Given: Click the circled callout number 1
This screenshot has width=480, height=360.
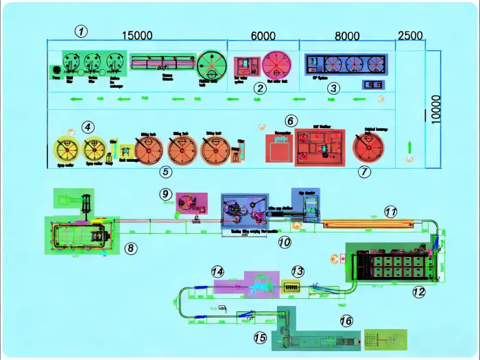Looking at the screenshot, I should tap(82, 30).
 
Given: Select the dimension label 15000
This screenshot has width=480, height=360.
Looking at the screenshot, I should tap(137, 36).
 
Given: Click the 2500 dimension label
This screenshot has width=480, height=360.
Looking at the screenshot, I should tap(410, 36).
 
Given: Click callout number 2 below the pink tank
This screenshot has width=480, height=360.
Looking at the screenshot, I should tap(259, 88).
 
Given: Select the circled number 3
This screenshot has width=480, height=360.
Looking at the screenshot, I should tap(333, 88).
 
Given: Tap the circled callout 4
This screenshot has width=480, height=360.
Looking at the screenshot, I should tap(87, 127).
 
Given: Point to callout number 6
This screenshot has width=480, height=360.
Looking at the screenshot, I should tap(291, 121).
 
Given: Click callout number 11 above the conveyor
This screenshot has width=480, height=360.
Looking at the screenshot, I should tap(390, 213).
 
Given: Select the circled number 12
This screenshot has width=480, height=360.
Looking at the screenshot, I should tap(419, 291).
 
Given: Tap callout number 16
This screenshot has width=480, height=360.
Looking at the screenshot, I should tap(347, 321).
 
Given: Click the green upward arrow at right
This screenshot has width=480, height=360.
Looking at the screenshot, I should tap(409, 147).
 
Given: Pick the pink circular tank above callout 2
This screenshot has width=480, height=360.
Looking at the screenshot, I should tap(276, 65).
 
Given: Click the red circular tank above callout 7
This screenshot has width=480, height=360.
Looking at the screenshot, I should tap(368, 146).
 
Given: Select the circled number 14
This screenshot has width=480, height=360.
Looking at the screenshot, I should tap(218, 272).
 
